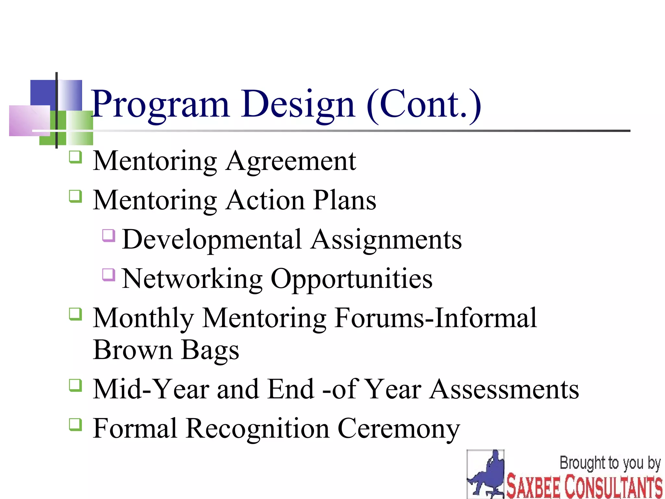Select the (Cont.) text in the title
[424, 105]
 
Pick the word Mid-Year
[151, 389]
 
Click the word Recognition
[257, 429]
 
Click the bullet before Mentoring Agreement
[75, 158]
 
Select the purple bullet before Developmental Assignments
[109, 236]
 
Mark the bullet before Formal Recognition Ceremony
[75, 425]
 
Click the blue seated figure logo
[486, 474]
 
